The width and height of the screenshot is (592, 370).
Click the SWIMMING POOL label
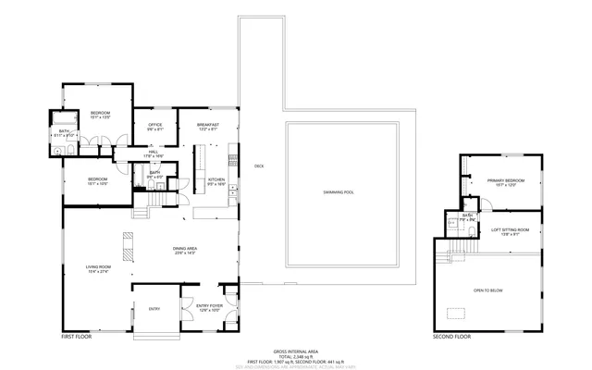click(338, 191)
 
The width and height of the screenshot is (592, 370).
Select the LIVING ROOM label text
click(97, 267)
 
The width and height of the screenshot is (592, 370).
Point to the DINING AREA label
click(185, 247)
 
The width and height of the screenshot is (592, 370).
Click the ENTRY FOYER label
click(210, 305)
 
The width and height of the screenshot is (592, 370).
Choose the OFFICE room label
click(155, 125)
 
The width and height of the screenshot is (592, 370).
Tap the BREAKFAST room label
click(206, 125)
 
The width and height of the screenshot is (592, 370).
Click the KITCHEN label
click(216, 179)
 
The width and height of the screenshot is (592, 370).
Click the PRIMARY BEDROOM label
click(505, 180)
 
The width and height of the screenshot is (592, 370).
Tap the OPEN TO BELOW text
click(487, 290)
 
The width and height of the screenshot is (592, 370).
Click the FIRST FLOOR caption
click(78, 337)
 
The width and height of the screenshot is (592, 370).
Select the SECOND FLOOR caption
click(451, 337)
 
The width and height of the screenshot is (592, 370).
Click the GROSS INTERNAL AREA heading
click(295, 351)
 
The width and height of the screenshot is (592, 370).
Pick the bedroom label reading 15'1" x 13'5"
click(100, 114)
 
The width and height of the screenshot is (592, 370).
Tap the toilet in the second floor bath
click(451, 223)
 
